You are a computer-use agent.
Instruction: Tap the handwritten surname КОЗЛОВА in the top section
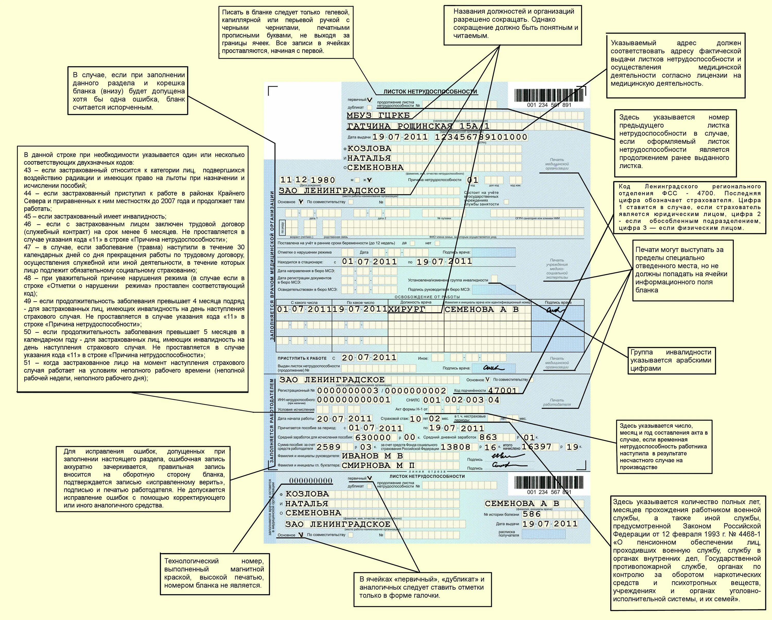[369, 148]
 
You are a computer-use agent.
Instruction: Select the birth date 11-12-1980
[307, 180]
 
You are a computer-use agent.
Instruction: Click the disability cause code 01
[473, 180]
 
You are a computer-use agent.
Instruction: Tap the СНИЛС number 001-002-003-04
[461, 400]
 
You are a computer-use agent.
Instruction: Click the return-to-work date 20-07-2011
[369, 358]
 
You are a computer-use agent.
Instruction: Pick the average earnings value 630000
[373, 437]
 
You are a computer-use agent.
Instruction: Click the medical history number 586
[532, 514]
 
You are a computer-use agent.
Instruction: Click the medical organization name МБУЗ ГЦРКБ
[378, 116]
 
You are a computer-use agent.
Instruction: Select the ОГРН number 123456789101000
[481, 137]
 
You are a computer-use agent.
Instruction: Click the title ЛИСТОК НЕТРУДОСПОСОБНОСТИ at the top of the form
[431, 92]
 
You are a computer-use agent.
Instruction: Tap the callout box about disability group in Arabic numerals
[671, 360]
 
